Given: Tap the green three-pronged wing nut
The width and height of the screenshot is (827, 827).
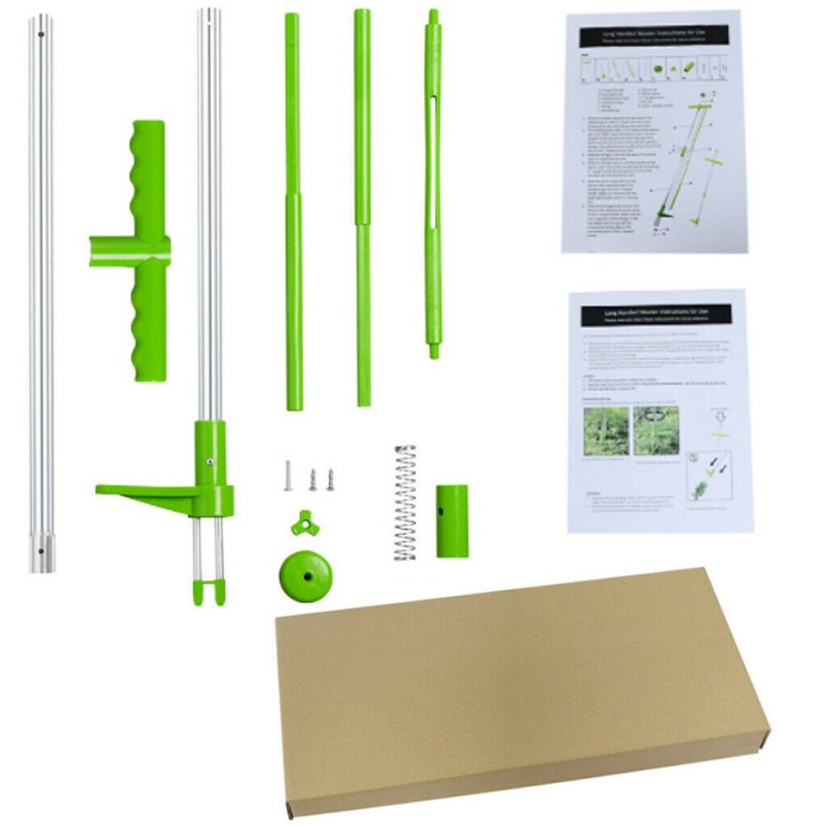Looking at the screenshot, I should tap(304, 522).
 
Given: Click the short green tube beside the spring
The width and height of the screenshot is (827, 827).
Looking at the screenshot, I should tap(451, 520).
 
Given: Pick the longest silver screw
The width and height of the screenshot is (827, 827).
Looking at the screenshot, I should tap(289, 476).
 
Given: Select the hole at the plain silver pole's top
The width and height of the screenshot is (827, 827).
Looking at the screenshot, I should tap(40, 35).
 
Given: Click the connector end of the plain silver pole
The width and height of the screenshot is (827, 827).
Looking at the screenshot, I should tap(40, 551).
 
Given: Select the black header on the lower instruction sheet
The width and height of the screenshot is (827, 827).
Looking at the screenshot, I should tap(656, 314).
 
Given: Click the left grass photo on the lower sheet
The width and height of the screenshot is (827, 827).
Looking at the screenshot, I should tap(606, 432).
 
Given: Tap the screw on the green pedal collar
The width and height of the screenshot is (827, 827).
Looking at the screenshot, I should tap(210, 462).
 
